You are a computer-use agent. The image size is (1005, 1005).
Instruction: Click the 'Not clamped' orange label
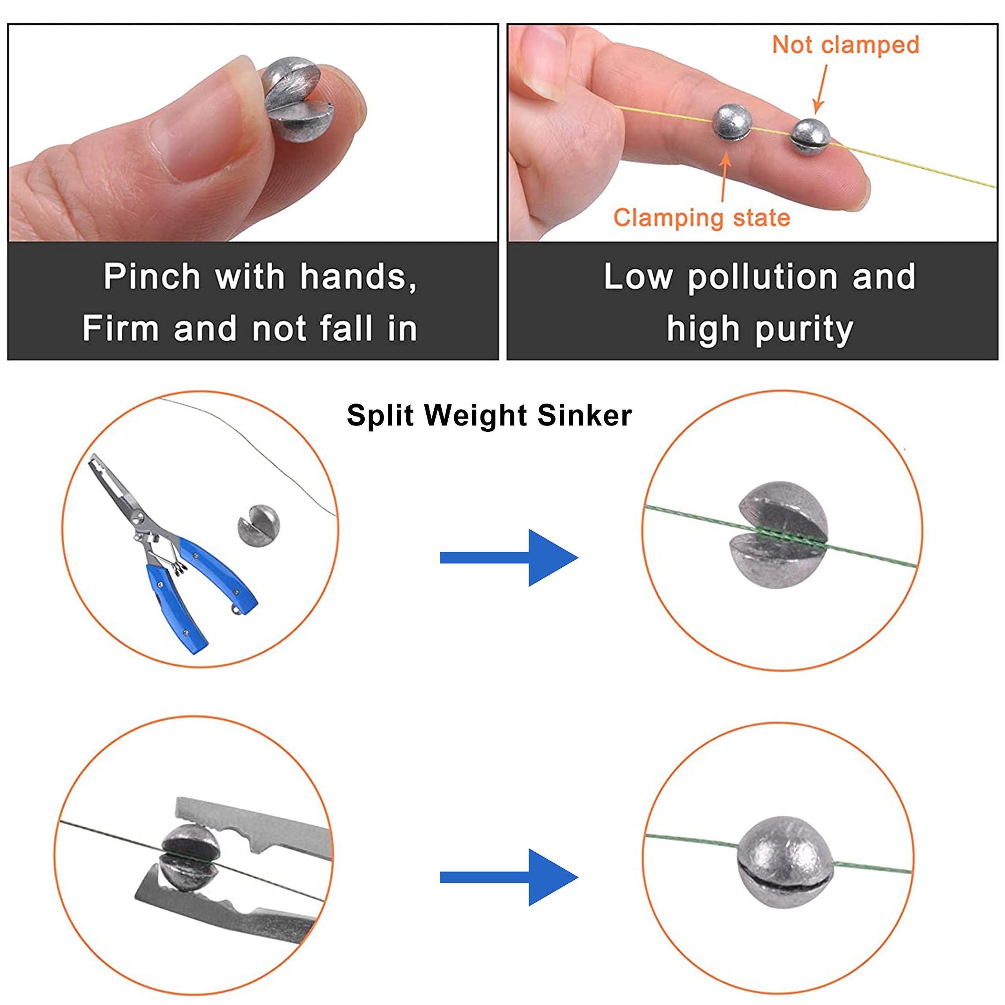(845, 45)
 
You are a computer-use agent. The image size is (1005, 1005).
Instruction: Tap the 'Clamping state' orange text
(701, 217)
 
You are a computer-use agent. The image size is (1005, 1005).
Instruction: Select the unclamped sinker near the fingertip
(809, 136)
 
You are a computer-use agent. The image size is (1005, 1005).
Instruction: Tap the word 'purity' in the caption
(804, 330)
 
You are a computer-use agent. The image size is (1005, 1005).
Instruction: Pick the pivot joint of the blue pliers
(139, 517)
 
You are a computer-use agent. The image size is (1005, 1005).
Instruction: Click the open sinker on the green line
(782, 535)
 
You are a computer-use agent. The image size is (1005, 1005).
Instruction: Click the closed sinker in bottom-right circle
(784, 863)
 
